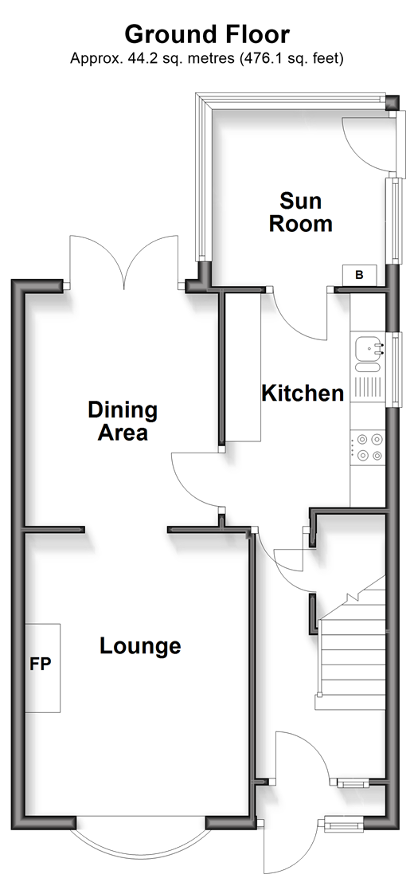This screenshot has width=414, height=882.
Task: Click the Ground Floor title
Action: [x=207, y=35]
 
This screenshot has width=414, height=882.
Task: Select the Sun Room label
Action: [x=300, y=212]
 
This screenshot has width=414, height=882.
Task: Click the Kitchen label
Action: [x=303, y=393]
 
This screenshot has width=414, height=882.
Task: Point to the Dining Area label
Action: [x=123, y=421]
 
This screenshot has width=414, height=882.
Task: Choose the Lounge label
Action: [x=140, y=645]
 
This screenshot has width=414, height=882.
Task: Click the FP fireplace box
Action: [x=42, y=668]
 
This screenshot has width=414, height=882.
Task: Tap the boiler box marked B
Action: [x=359, y=275]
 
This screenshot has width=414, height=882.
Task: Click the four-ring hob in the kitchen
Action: [x=367, y=447]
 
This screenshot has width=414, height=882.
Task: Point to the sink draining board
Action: [x=367, y=388]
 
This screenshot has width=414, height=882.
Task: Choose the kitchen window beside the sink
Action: [x=397, y=369]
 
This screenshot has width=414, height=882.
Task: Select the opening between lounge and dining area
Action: [x=126, y=529]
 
